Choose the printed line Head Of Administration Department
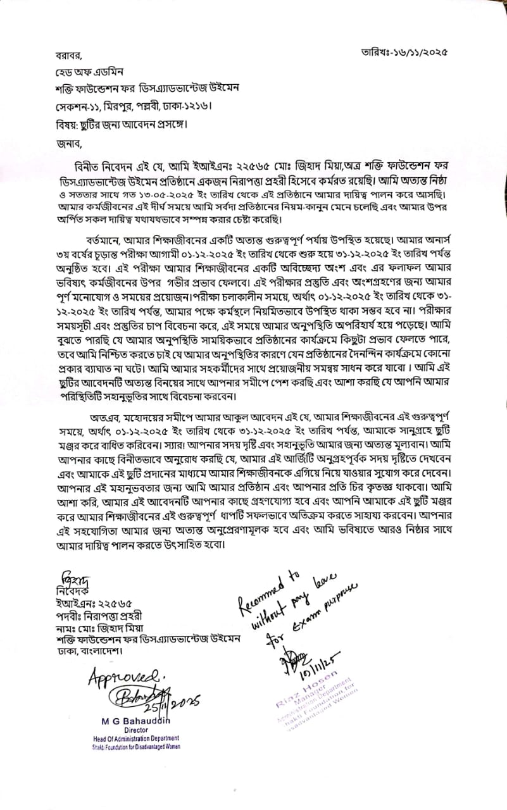134,738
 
